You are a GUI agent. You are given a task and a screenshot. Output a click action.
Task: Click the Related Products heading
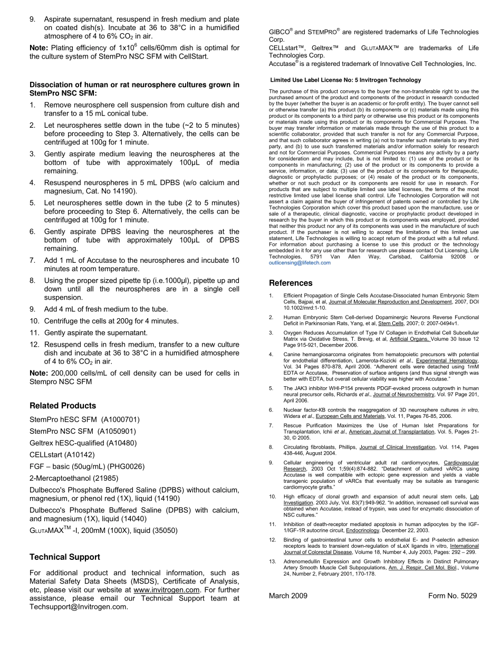(63, 406)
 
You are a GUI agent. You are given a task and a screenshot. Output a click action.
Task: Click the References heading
(291, 283)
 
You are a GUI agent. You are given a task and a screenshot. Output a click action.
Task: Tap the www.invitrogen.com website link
(167, 590)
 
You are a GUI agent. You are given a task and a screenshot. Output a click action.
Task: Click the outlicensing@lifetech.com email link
(300, 263)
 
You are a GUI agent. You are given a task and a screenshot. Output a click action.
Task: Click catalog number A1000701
(120, 420)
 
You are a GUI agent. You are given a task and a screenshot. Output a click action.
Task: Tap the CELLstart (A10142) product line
(62, 455)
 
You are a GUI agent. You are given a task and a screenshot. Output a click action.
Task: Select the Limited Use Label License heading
(345, 80)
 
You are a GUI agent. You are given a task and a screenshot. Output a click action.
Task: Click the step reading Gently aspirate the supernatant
(95, 333)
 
